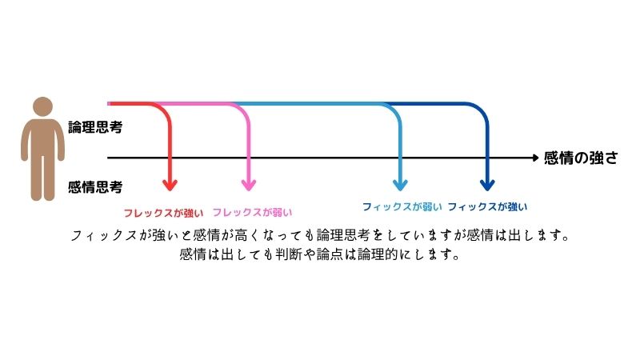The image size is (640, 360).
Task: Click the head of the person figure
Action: coord(42,109)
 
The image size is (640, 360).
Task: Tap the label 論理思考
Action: coord(95,126)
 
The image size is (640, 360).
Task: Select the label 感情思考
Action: coord(95,188)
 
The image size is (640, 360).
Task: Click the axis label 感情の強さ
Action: coord(580,158)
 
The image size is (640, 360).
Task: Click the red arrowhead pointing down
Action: coord(169,185)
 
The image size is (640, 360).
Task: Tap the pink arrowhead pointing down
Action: coord(248,185)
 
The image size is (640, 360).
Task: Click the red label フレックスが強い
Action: coord(162,213)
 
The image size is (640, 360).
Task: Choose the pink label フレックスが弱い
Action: coord(252,213)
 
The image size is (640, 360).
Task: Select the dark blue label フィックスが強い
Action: coord(487,206)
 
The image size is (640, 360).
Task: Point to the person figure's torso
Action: coord(42,144)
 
